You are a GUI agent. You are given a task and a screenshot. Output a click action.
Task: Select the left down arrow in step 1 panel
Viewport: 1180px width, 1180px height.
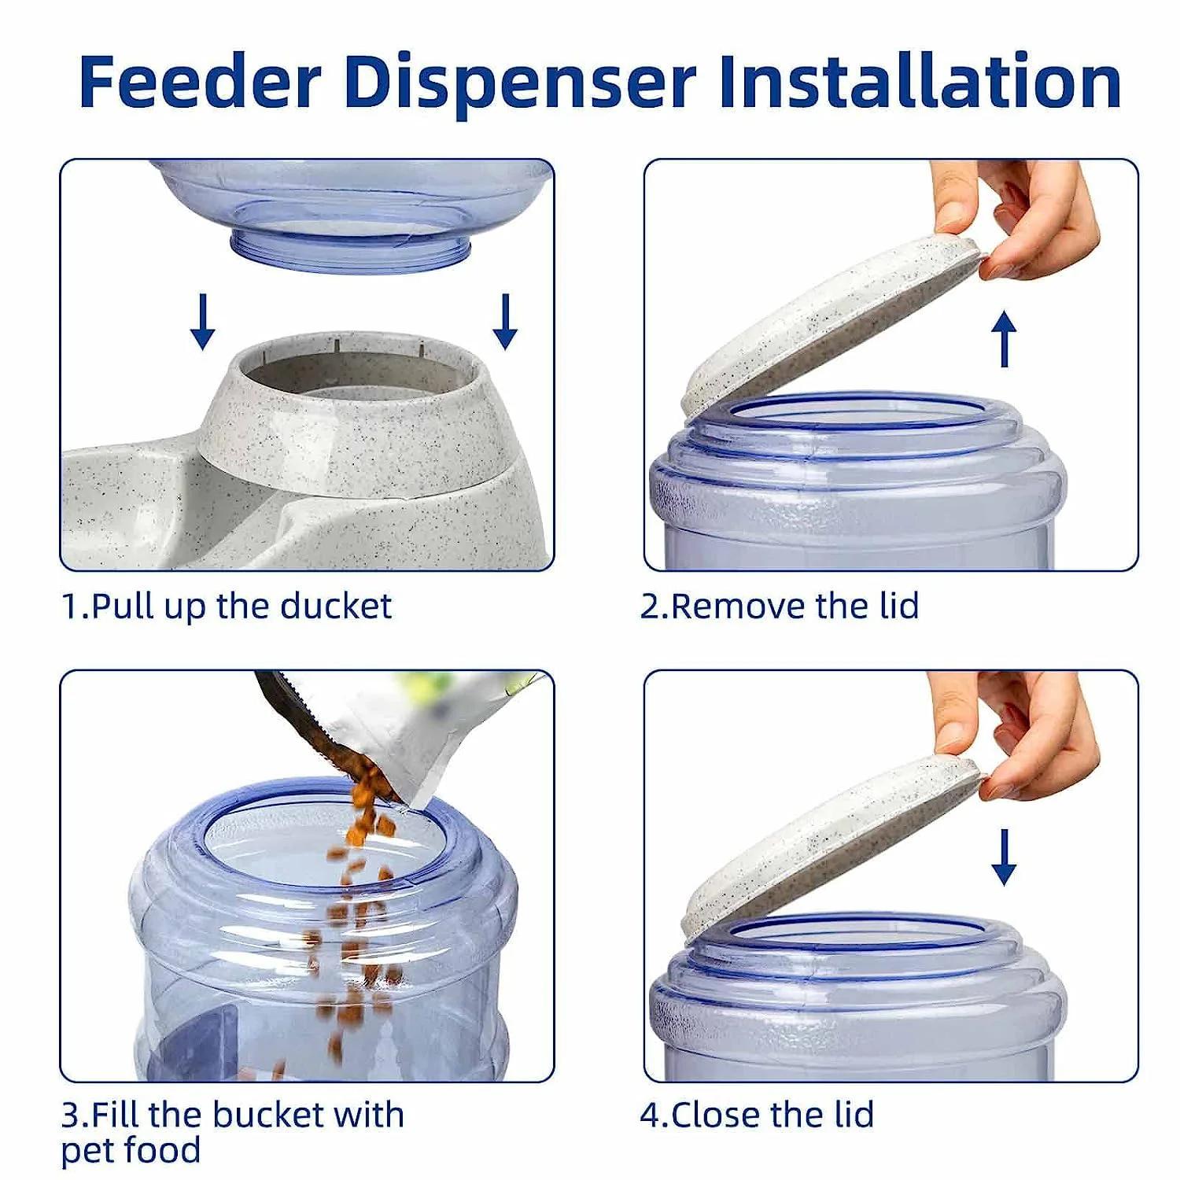(203, 322)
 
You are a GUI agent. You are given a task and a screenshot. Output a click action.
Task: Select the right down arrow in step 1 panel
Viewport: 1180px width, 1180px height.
(505, 322)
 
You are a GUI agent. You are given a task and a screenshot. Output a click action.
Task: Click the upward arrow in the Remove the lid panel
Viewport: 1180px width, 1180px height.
(1004, 339)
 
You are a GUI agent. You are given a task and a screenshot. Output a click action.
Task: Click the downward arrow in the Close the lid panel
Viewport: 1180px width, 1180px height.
(1004, 858)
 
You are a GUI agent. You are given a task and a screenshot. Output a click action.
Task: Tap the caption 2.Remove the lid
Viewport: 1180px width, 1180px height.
(779, 607)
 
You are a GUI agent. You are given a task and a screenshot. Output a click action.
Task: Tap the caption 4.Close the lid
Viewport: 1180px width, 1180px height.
(757, 1115)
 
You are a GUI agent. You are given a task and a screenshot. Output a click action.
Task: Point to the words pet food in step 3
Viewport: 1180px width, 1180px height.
(131, 1150)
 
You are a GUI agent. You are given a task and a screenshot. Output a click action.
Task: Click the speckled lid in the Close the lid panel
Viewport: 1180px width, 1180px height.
(826, 842)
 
